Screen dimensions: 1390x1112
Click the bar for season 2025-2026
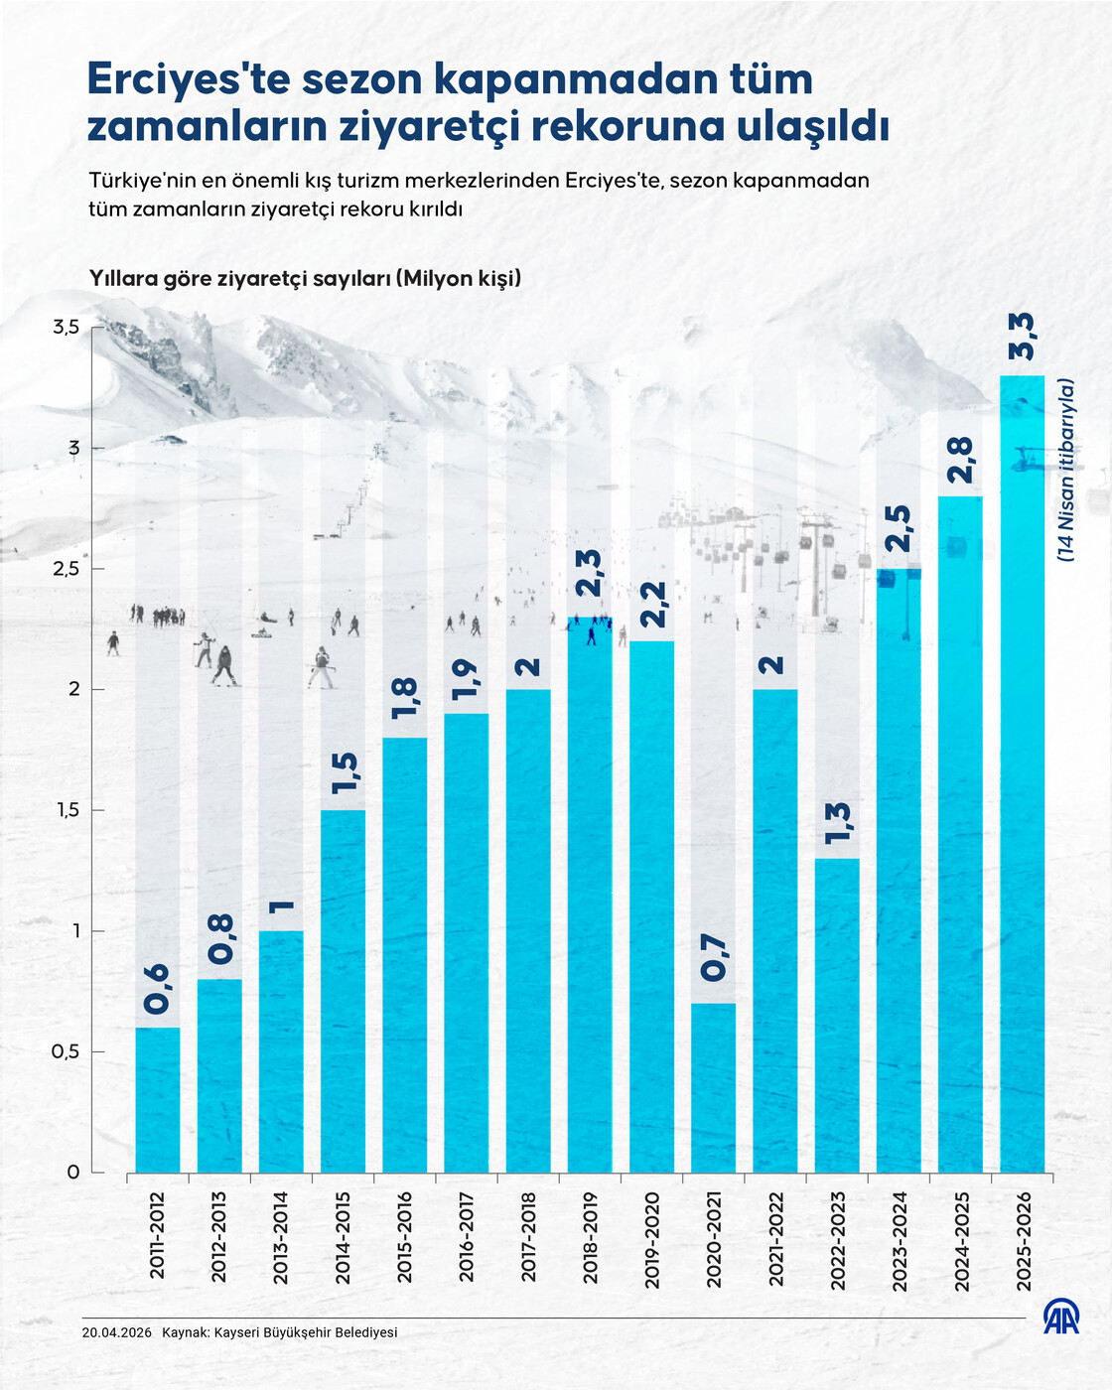point(1022,774)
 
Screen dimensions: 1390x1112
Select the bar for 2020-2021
point(713,1087)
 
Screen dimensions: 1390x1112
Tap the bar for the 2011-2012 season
point(157,1099)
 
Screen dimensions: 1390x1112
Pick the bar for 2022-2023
point(837,1015)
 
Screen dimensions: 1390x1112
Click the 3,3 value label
point(1022,338)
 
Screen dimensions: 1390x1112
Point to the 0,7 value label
point(713,958)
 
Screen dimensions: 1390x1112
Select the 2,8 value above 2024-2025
point(960,459)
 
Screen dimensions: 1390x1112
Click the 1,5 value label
point(344,773)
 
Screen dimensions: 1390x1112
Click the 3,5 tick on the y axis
point(66,327)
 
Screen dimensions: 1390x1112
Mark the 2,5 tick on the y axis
point(66,569)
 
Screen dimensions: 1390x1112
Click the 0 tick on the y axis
point(72,1173)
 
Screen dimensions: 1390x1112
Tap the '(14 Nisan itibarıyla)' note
point(1066,471)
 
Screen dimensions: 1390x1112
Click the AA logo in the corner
point(1060,1317)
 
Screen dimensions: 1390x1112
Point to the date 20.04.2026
point(117,1332)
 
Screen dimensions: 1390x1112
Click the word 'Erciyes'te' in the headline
point(188,79)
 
